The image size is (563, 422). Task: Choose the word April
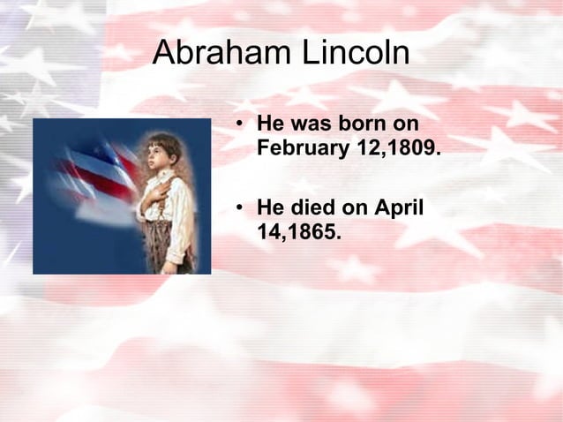pos(400,209)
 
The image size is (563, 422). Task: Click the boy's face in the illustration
pos(160,160)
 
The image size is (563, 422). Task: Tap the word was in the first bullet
pos(314,124)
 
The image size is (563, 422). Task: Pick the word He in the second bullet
pos(269,209)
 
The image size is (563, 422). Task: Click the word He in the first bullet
pos(269,124)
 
